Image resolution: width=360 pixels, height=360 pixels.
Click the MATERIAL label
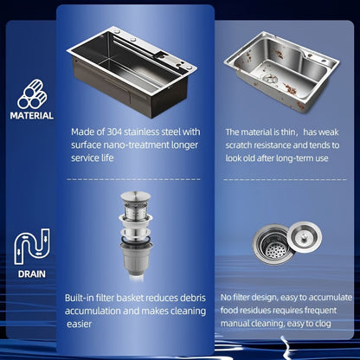[32, 115]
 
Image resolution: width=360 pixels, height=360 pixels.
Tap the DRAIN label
[32, 273]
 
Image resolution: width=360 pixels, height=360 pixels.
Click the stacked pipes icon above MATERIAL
[31, 94]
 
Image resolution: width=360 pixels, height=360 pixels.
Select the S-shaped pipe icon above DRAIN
[32, 247]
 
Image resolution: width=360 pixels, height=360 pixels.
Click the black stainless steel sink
[132, 72]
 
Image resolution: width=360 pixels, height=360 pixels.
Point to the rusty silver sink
[282, 72]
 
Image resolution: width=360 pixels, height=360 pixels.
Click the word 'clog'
[323, 324]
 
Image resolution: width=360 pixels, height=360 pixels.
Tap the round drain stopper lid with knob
[305, 237]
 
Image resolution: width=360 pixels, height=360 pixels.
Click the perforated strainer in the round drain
[275, 249]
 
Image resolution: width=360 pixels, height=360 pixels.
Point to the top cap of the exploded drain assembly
[136, 196]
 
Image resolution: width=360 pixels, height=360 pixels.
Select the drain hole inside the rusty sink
[270, 79]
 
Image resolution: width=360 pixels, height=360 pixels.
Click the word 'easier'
[80, 324]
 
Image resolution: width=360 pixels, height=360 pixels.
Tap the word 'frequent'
[320, 311]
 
